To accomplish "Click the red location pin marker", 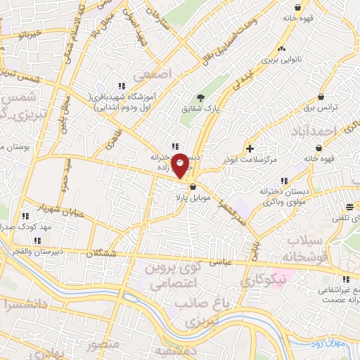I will pos(181,166).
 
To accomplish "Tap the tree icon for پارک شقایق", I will pos(200,98).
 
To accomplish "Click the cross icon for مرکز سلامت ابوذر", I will pos(251,148).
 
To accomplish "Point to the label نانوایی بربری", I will pos(281,60).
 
